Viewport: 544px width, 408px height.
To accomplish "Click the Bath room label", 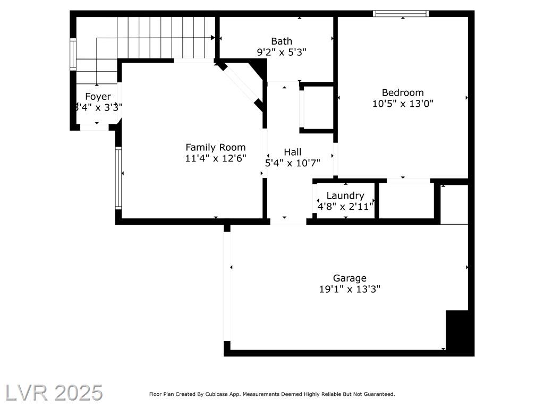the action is (x=282, y=41).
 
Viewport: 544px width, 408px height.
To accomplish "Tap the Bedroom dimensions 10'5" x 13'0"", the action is (x=403, y=104).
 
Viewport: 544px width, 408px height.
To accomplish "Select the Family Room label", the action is (x=216, y=148).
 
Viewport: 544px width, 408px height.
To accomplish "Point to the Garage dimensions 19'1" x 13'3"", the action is (x=350, y=289).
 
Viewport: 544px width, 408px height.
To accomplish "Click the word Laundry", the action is (x=345, y=196).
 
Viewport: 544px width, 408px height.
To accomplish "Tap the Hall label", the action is (x=293, y=152).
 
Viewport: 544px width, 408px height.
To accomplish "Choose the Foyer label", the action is (x=98, y=97).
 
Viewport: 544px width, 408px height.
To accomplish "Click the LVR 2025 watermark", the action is (x=54, y=393).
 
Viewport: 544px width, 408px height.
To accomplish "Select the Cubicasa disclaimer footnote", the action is (x=272, y=394).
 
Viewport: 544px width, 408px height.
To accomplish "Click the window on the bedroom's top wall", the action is (x=401, y=13).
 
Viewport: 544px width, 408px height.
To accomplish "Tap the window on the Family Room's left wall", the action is (x=118, y=178).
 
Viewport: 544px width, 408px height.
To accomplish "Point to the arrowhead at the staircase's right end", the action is (x=212, y=38).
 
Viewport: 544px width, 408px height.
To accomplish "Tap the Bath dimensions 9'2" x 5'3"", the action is (x=282, y=53).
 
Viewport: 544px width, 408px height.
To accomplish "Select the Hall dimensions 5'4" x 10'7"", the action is (x=293, y=163).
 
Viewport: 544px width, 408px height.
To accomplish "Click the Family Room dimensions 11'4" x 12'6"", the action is (x=216, y=158).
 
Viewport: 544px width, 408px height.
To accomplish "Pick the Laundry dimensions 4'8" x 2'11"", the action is (x=345, y=207).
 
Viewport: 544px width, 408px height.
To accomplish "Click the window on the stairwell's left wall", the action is (x=73, y=55).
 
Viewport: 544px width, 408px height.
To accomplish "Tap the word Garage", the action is (x=350, y=278).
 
